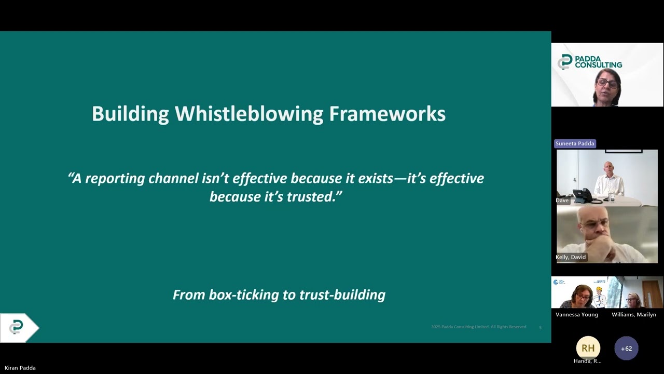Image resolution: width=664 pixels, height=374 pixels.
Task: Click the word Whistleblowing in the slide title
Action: tap(249, 114)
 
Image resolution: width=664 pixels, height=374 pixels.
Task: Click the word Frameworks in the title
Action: tap(387, 114)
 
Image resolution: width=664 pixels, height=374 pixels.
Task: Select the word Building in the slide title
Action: tap(130, 114)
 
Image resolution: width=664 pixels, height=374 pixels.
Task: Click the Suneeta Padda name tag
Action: tap(575, 143)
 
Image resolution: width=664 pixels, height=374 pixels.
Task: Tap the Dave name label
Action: tap(562, 200)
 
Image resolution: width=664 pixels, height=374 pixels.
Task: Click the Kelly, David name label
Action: tap(571, 257)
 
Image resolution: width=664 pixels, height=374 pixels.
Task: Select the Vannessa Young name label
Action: tap(577, 314)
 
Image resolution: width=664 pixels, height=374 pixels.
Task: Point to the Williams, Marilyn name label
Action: tap(633, 314)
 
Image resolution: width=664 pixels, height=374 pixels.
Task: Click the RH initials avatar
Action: tap(588, 348)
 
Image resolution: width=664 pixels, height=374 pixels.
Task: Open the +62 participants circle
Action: tap(626, 349)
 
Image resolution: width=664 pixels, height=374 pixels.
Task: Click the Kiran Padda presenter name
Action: tap(20, 368)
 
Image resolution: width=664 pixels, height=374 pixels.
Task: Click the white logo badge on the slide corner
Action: tap(17, 327)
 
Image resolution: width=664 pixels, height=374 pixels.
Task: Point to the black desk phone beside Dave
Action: tap(583, 195)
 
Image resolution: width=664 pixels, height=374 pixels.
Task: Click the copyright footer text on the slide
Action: tap(478, 327)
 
